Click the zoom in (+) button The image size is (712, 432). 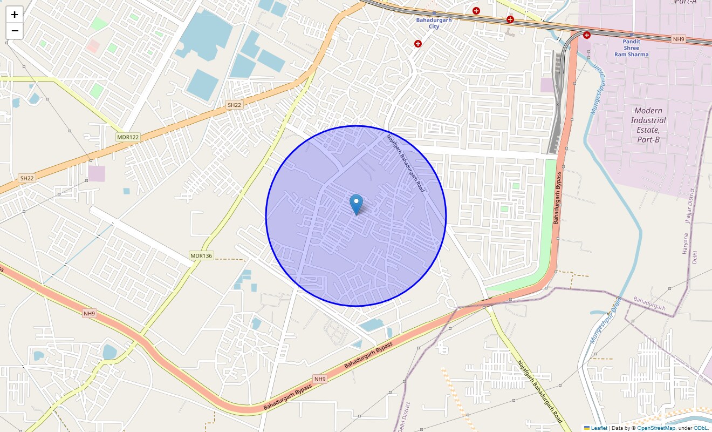(x=15, y=15)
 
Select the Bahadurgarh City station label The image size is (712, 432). (x=434, y=23)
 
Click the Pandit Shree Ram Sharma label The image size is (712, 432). (x=631, y=48)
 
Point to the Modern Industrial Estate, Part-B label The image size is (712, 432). (x=648, y=125)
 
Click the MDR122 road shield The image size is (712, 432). (x=128, y=137)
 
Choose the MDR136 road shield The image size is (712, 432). (x=201, y=255)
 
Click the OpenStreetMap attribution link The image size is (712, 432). (x=656, y=428)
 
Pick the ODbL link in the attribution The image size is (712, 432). (x=702, y=428)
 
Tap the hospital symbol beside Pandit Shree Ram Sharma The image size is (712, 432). (x=586, y=35)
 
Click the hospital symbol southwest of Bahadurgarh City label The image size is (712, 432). (x=417, y=43)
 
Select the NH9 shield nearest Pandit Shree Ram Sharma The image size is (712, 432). (x=678, y=39)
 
